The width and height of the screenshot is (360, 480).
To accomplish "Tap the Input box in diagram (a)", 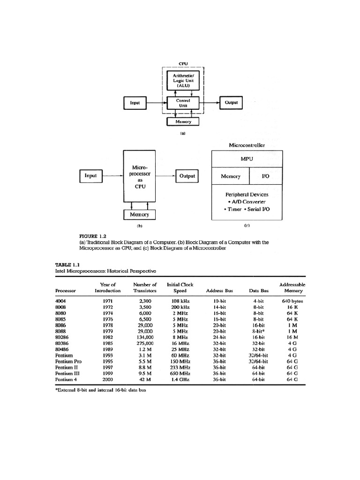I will click(x=135, y=103).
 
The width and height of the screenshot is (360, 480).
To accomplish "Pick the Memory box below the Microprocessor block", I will click(x=139, y=214).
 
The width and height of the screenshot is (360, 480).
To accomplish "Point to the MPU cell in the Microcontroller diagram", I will click(x=247, y=159).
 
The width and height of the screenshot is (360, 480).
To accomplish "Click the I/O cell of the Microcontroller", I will click(x=265, y=176).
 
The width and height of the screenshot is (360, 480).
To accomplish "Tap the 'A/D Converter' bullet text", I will click(x=247, y=202).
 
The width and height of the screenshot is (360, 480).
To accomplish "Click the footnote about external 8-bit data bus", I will click(x=101, y=390).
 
